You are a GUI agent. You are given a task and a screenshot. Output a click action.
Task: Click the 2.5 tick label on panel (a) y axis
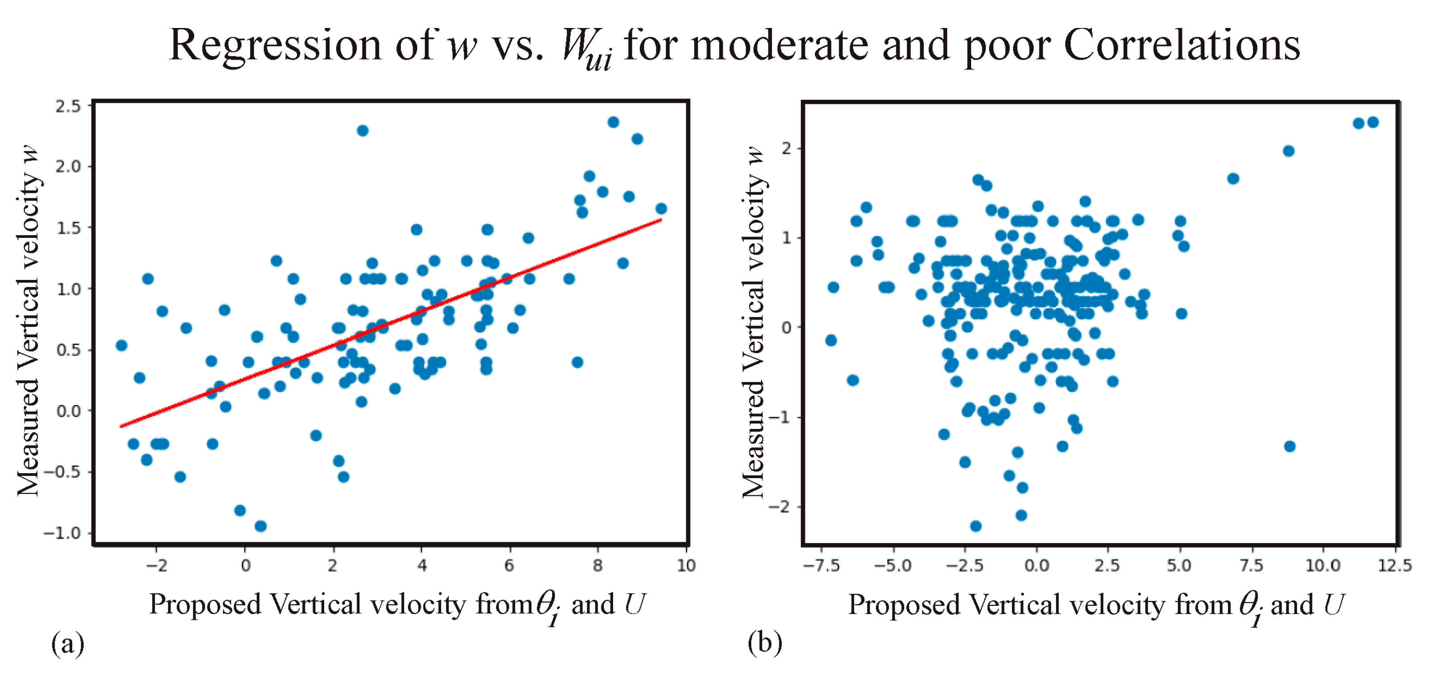[x=68, y=106]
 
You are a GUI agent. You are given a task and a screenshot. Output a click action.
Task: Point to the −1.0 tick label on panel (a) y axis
[x=62, y=533]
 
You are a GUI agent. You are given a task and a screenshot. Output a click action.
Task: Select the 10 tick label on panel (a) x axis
[x=686, y=566]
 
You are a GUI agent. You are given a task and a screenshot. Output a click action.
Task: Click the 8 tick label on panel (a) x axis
[x=597, y=566]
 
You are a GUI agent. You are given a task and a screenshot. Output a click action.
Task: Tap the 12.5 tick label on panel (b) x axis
[x=1395, y=566]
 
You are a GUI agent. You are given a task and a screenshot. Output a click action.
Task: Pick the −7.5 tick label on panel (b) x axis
[x=821, y=566]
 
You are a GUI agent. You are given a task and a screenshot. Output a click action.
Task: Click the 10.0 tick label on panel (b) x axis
[x=1323, y=566]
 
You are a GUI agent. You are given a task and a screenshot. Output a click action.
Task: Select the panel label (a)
[x=68, y=643]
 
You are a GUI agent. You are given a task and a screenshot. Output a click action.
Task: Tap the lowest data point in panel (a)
[x=260, y=526]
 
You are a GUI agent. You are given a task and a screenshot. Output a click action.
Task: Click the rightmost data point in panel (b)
[x=1373, y=122]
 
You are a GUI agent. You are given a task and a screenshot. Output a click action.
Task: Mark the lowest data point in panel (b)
[x=976, y=526]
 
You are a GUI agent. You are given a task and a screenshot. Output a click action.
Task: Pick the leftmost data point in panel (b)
[x=831, y=340]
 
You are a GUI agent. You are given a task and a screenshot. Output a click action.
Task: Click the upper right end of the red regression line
[x=661, y=220]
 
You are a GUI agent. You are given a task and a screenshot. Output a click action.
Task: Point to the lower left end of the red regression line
[x=121, y=427]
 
